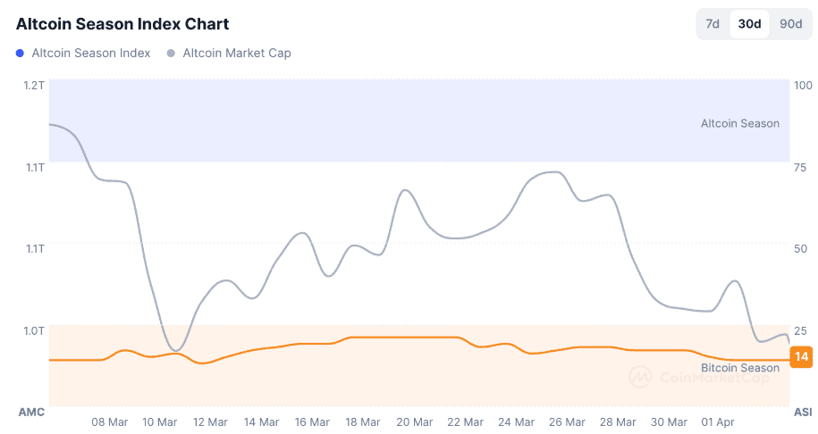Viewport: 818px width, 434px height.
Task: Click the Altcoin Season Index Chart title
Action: click(x=122, y=24)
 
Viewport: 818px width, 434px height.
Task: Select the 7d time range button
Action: click(x=713, y=24)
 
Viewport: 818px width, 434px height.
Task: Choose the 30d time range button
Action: click(x=749, y=24)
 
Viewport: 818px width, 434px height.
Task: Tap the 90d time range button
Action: click(x=790, y=24)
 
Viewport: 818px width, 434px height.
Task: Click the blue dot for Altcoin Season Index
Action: click(x=20, y=54)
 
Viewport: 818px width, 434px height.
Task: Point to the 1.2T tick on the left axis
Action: click(x=34, y=85)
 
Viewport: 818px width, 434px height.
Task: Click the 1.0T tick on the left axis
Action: click(x=34, y=330)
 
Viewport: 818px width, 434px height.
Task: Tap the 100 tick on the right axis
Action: click(x=802, y=85)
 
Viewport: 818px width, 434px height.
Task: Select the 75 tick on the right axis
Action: click(x=800, y=167)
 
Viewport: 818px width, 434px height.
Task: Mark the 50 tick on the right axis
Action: click(x=800, y=248)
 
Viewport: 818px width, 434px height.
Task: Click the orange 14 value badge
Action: click(x=802, y=357)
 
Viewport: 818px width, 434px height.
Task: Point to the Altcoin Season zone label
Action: click(x=739, y=123)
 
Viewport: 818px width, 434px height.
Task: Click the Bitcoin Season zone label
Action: click(x=739, y=368)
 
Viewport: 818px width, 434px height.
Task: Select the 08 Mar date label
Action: click(x=110, y=421)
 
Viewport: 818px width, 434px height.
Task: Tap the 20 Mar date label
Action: click(x=415, y=421)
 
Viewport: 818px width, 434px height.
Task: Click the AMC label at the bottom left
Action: click(x=31, y=412)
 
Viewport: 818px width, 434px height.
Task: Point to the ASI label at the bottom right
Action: click(x=803, y=412)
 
